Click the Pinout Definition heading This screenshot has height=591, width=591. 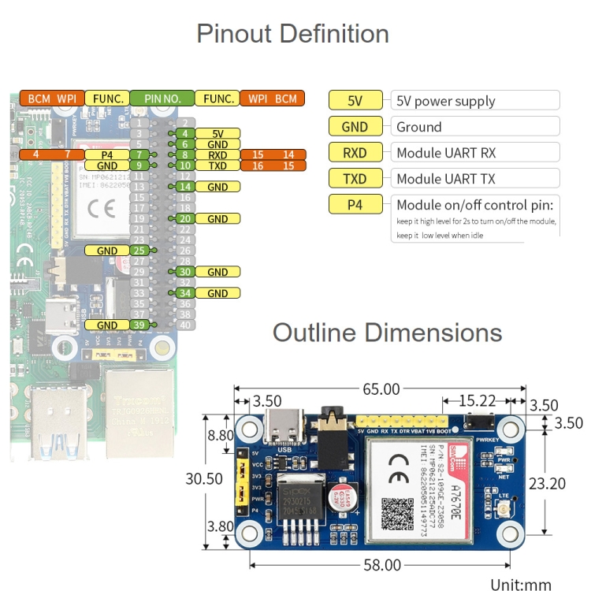click(292, 34)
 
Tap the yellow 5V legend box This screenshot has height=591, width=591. click(355, 101)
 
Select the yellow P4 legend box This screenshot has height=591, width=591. click(355, 204)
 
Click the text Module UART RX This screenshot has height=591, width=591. click(446, 153)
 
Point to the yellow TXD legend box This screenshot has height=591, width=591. click(355, 179)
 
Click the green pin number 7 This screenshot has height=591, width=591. click(139, 155)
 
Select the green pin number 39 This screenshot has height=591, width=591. click(139, 325)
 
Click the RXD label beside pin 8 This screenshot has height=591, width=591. click(217, 155)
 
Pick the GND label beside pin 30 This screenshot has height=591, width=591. click(217, 272)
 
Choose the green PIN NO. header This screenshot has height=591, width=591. click(162, 98)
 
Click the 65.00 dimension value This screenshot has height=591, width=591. click(381, 389)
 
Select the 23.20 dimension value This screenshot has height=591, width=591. click(547, 483)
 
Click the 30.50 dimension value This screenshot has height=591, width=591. click(209, 478)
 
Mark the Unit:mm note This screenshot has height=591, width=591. click(520, 584)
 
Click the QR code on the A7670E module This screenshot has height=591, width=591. click(397, 514)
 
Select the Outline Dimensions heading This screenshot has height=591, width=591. click(387, 333)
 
